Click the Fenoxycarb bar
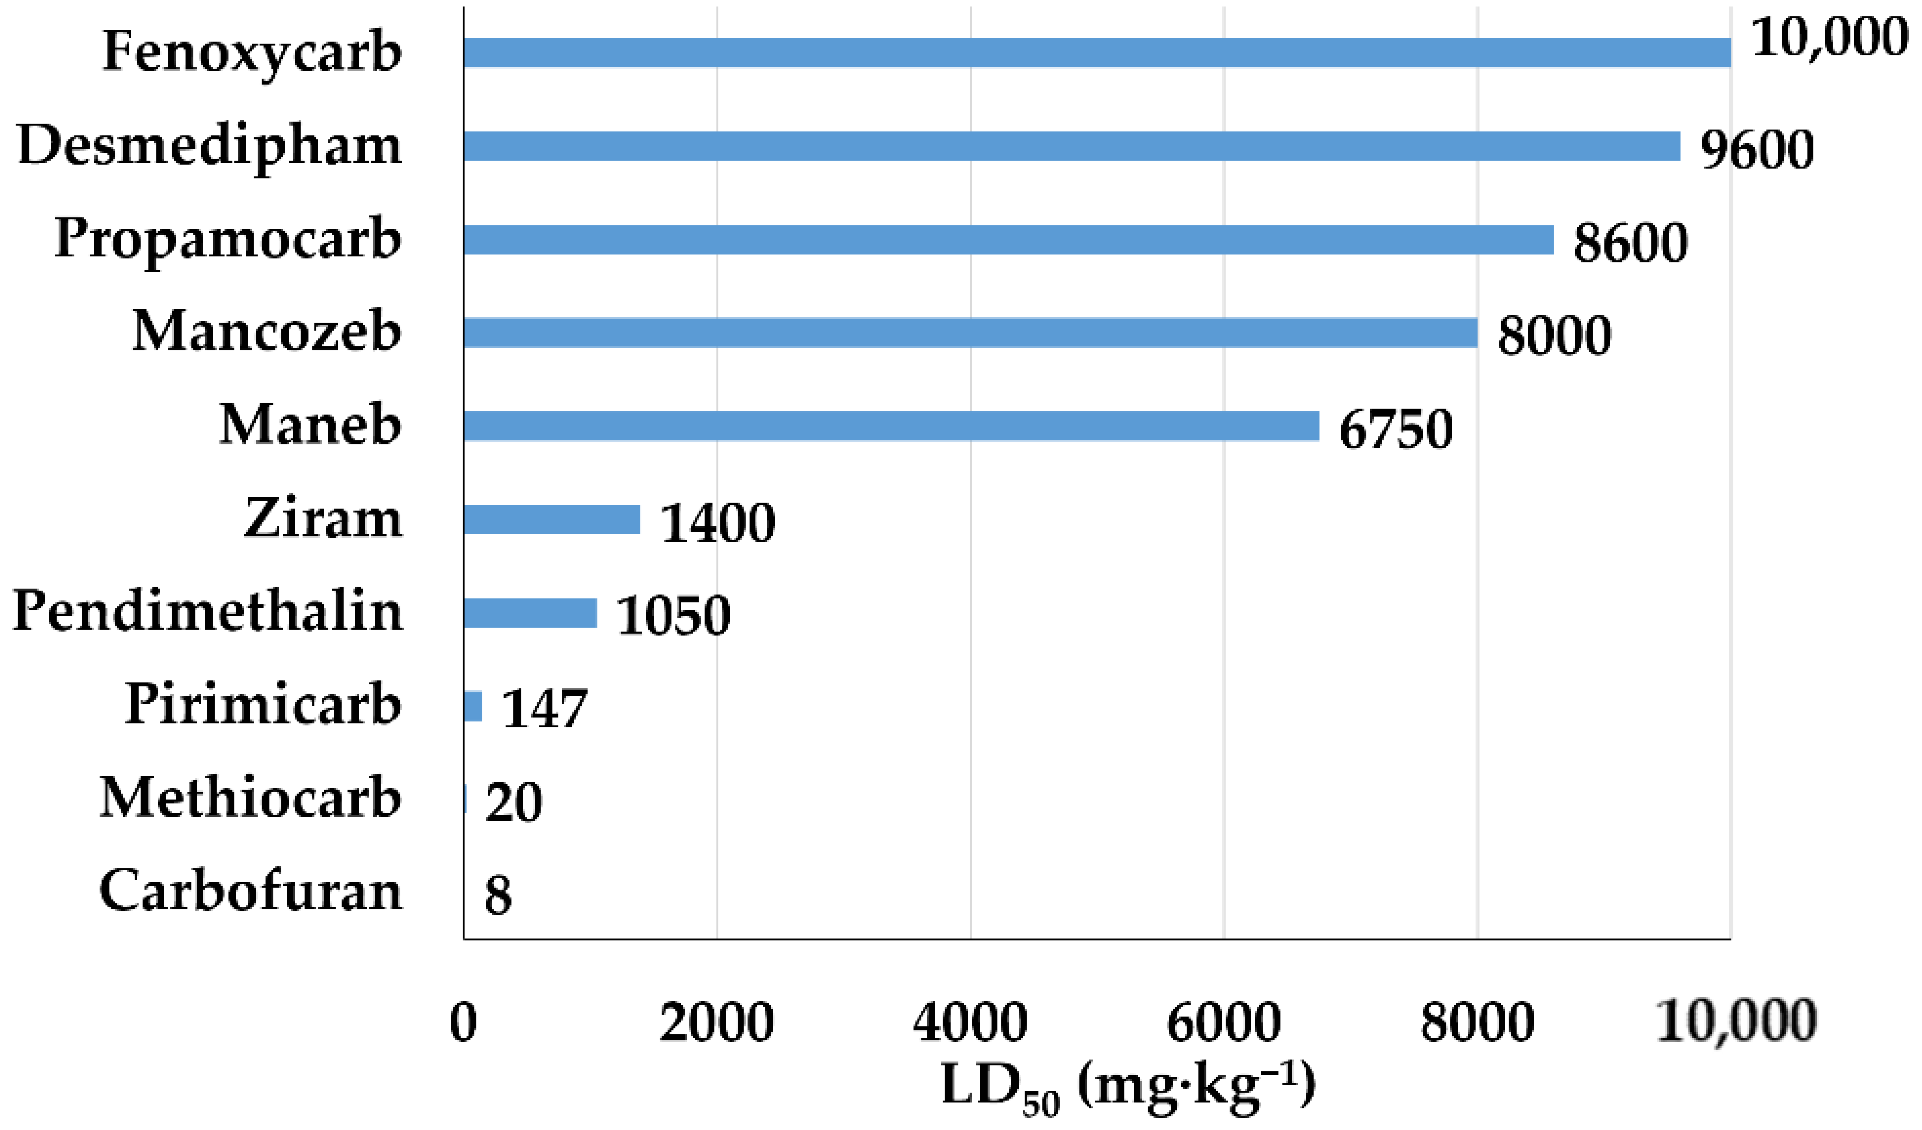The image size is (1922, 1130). [1097, 53]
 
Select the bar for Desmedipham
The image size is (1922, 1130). [1072, 146]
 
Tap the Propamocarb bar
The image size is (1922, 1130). [1008, 240]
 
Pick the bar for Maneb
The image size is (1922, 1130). [891, 426]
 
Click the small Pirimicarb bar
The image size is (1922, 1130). [473, 706]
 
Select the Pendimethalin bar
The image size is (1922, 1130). [530, 613]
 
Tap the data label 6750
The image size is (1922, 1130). [1396, 429]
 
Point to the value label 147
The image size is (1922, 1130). [545, 709]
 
